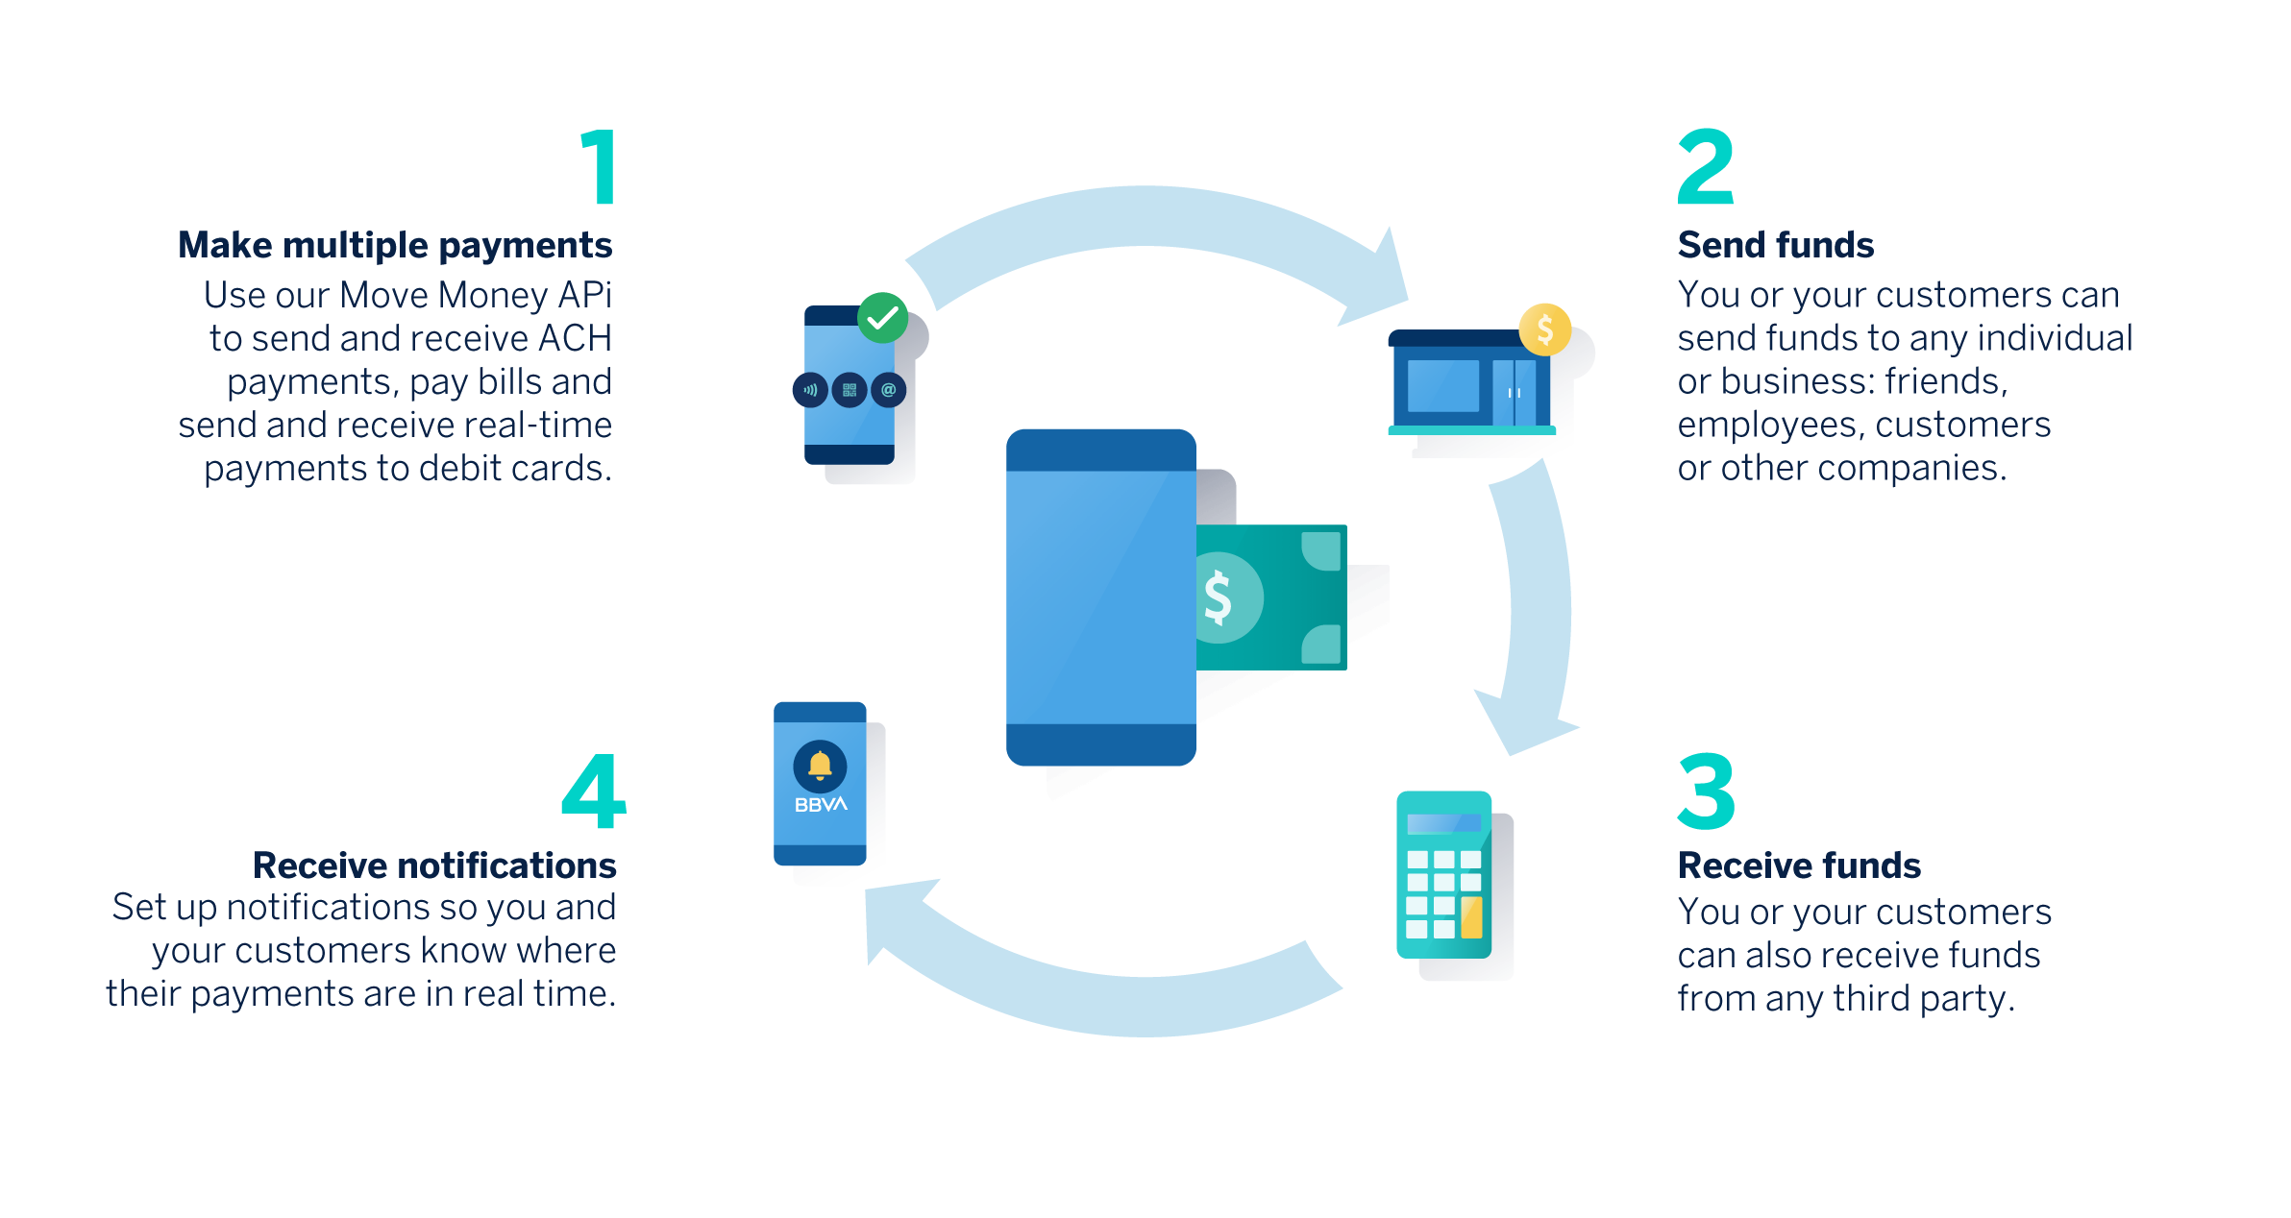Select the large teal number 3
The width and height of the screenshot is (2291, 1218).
pyautogui.click(x=1707, y=792)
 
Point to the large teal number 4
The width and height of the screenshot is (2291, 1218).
pyautogui.click(x=594, y=792)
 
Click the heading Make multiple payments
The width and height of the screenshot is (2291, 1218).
pyautogui.click(x=395, y=246)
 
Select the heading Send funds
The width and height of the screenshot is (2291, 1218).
pyautogui.click(x=1776, y=246)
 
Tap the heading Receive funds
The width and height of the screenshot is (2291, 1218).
pyautogui.click(x=1799, y=866)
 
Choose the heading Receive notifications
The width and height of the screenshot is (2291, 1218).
pyautogui.click(x=434, y=866)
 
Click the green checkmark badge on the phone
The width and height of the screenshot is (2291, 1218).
pyautogui.click(x=882, y=318)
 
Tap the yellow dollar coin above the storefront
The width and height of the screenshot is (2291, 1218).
pyautogui.click(x=1544, y=329)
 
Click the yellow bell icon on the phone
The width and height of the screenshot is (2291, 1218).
pyautogui.click(x=820, y=765)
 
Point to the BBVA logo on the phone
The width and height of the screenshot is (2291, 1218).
pyautogui.click(x=821, y=805)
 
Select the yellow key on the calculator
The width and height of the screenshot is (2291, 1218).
pyautogui.click(x=1471, y=917)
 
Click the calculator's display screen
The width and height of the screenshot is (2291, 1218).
pyautogui.click(x=1444, y=823)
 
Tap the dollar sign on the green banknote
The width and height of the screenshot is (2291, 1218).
pyautogui.click(x=1219, y=597)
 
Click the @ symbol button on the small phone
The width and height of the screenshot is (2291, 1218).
pyautogui.click(x=889, y=390)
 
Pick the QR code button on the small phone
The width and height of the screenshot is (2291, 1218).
pyautogui.click(x=850, y=390)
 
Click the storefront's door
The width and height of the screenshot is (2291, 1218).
pyautogui.click(x=1515, y=393)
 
